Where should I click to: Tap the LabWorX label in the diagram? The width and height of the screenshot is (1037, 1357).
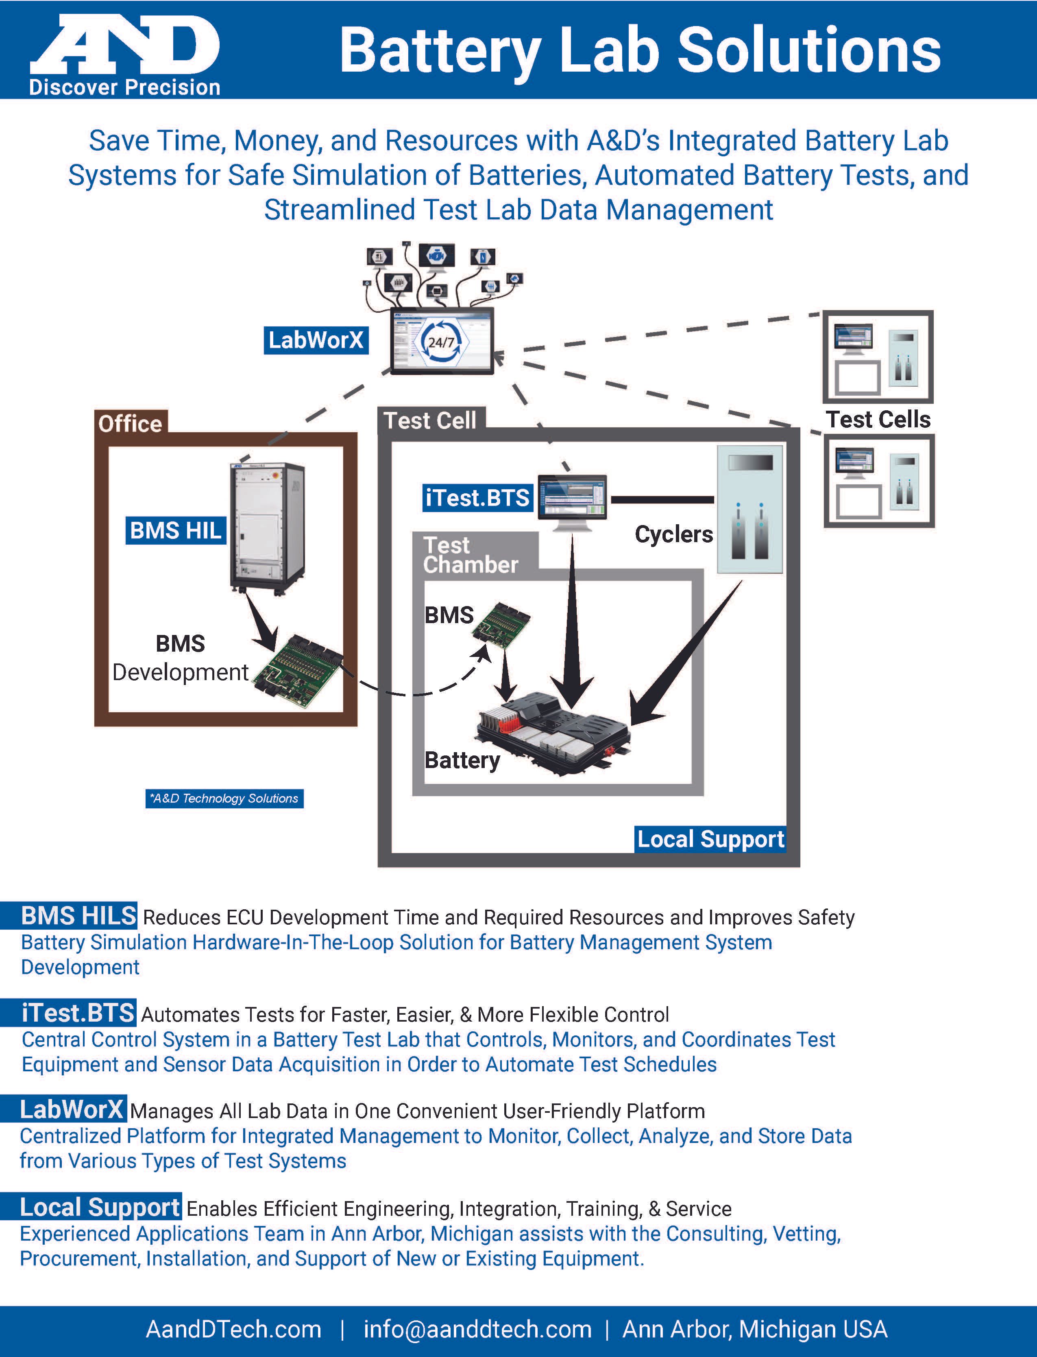pos(316,340)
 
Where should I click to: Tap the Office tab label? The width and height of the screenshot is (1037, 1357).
pos(130,424)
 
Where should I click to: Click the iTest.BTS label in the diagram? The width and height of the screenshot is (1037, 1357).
pos(477,498)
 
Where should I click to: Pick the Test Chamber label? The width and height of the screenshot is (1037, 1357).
pos(471,555)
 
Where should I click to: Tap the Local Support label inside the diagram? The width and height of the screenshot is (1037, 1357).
pos(710,839)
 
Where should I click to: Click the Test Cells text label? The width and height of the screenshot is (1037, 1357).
pos(878,419)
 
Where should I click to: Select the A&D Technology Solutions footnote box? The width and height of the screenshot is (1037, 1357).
pos(224,799)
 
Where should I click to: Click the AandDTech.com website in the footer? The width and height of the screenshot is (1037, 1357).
pos(233,1329)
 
